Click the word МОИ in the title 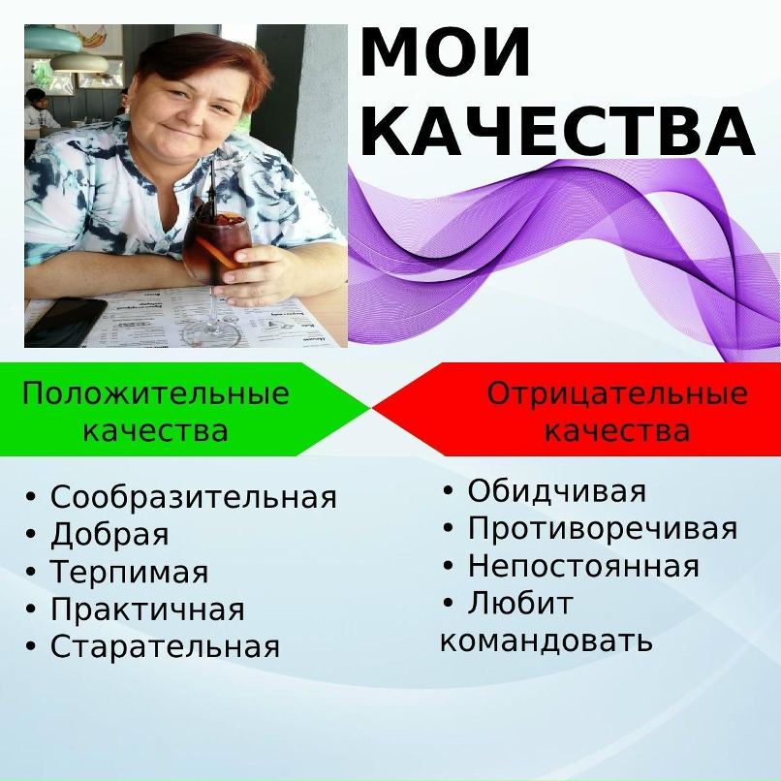[x=446, y=54]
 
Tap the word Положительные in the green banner [x=155, y=394]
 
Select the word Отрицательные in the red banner [x=617, y=394]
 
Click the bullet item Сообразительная [x=193, y=498]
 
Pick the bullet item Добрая [x=109, y=535]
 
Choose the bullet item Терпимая [x=129, y=573]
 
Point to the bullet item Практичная [x=147, y=609]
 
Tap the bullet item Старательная [x=165, y=646]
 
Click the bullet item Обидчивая [x=556, y=491]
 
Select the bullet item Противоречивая [x=602, y=529]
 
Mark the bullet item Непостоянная [x=582, y=566]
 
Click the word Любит [x=520, y=604]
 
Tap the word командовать [x=546, y=640]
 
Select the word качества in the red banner [x=617, y=430]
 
